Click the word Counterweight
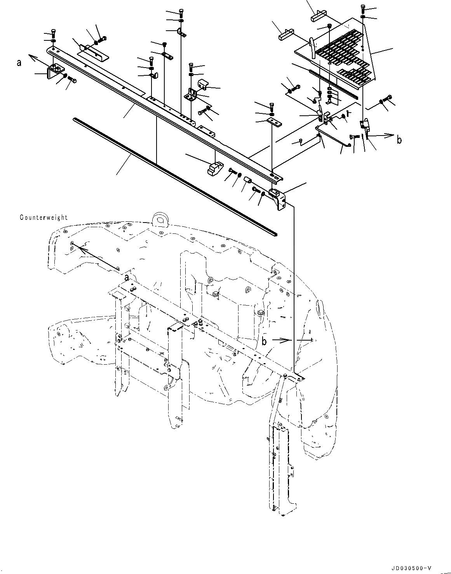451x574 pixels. click(x=44, y=217)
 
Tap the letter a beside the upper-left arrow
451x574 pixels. click(x=19, y=62)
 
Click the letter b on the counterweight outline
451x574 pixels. click(x=264, y=341)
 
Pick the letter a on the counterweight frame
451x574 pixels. click(x=127, y=277)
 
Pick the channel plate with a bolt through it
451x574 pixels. click(x=93, y=52)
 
